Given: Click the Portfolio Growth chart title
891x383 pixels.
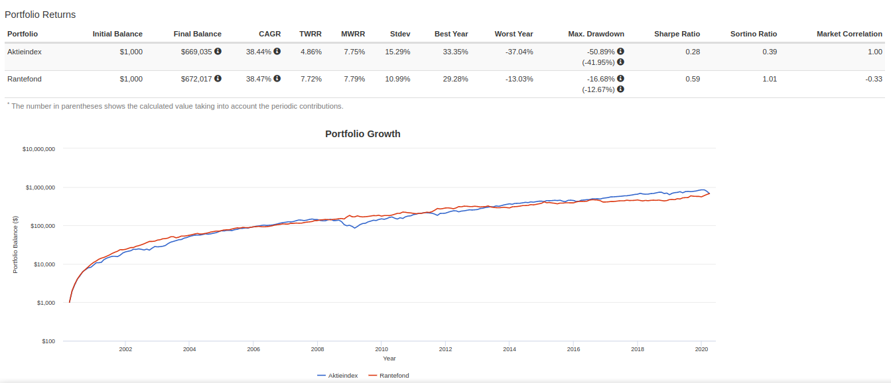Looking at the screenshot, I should point(362,134).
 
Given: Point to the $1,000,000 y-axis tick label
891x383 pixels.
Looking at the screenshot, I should point(40,188).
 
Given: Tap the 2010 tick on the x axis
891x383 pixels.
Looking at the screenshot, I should point(381,349).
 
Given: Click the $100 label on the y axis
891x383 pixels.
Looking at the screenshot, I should point(48,341).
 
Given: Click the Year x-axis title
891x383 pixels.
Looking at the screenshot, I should point(389,358).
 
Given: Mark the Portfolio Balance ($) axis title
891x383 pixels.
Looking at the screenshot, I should point(15,245).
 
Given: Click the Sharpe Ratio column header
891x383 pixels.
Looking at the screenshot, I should point(677,34).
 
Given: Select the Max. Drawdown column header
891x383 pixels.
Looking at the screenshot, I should point(596,34).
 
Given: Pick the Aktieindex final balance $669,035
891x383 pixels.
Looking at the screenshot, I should point(196,52).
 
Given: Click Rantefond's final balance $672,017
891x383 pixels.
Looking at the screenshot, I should point(196,79).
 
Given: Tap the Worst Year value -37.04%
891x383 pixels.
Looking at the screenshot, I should point(519,52).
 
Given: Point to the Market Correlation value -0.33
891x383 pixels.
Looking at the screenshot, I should point(874,79).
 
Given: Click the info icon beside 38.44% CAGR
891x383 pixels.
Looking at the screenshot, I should point(277,51).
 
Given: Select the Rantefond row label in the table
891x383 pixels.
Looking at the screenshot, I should point(24,79).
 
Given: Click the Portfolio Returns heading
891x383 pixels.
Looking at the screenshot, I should point(40,15).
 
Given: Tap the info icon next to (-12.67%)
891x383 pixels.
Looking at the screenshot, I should point(620,89).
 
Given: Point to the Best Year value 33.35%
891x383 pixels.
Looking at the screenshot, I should point(455,52).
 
